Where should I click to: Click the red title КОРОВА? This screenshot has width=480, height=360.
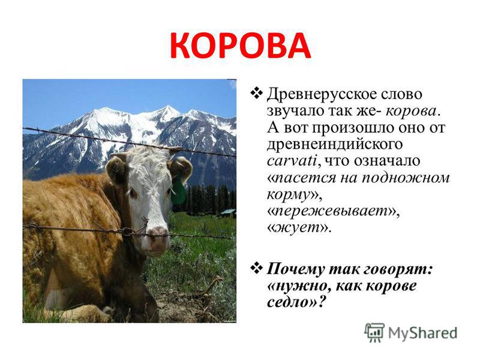241,46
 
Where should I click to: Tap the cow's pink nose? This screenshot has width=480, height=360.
157,235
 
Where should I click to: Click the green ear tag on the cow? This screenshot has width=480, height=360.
178,191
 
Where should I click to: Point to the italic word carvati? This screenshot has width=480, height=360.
292,161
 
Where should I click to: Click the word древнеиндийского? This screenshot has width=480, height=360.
335,145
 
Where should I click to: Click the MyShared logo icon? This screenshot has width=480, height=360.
374,332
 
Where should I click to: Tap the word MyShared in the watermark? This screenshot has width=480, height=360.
422,333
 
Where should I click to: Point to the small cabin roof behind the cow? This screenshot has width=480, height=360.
228,212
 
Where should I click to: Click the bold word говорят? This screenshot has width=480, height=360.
398,269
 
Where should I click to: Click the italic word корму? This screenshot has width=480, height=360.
289,195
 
